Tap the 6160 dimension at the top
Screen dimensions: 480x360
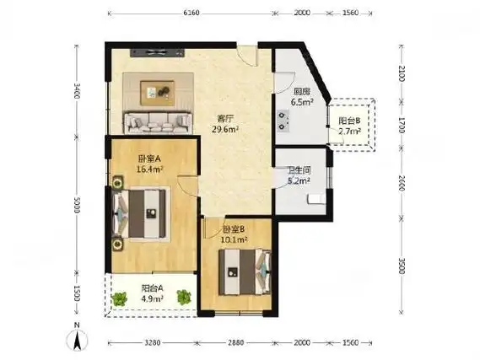[191, 13]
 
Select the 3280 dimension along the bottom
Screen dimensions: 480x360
[152, 342]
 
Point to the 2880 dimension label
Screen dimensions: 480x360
[235, 342]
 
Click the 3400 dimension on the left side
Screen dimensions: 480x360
[77, 91]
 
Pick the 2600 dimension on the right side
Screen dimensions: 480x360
[402, 183]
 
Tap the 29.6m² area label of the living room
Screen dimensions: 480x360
[225, 129]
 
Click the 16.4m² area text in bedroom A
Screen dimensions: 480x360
[149, 169]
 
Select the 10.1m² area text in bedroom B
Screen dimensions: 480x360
[234, 239]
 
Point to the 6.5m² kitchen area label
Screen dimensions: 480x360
[302, 102]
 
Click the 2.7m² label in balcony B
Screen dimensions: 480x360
[349, 132]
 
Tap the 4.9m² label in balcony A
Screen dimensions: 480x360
[152, 298]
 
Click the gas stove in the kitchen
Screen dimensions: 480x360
[283, 121]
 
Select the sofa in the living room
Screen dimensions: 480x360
[158, 122]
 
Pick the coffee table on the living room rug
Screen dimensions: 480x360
[158, 93]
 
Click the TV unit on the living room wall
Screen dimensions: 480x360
[158, 53]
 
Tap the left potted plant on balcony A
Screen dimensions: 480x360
[120, 298]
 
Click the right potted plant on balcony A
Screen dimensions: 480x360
[184, 297]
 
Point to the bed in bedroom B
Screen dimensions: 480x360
[245, 272]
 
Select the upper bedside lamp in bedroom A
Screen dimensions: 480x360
[117, 183]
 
